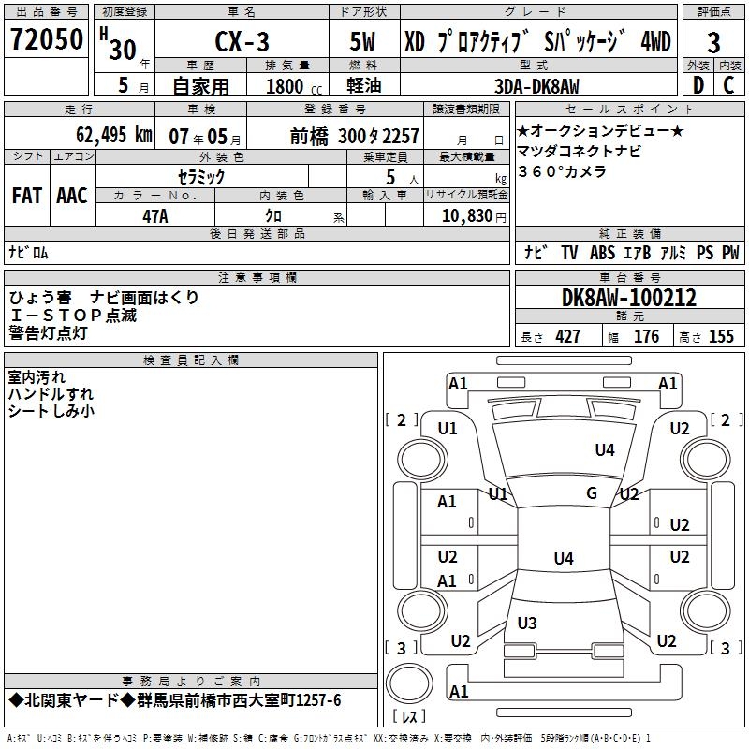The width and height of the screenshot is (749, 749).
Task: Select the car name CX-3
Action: (242, 43)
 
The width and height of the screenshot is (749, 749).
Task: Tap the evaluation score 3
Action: (713, 43)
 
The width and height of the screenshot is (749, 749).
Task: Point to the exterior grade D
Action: (698, 85)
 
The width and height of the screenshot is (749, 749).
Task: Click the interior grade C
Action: (729, 85)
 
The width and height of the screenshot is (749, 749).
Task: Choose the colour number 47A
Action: (155, 215)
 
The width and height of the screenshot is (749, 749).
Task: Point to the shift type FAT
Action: (26, 196)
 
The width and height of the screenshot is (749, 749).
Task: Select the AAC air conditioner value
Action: (72, 196)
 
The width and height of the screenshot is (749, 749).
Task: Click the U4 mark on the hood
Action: (605, 450)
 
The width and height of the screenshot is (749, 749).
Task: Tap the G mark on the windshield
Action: (592, 492)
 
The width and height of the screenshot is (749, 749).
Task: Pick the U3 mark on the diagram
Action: (527, 623)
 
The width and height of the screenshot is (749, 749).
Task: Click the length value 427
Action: (567, 337)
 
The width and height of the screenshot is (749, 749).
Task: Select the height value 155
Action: (721, 337)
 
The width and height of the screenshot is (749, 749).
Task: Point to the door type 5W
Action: (364, 43)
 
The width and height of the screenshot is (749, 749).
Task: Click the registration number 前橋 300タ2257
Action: (354, 136)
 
